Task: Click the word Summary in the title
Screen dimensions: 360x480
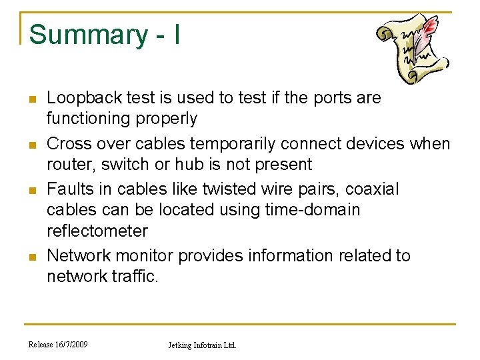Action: click(79, 35)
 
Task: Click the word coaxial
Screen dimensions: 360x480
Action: click(372, 189)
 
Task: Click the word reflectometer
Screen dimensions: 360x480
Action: click(97, 231)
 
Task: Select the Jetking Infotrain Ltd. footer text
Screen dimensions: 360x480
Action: click(202, 345)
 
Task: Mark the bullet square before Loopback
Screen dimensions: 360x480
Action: click(31, 99)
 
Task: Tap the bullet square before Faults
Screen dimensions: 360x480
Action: click(31, 191)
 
